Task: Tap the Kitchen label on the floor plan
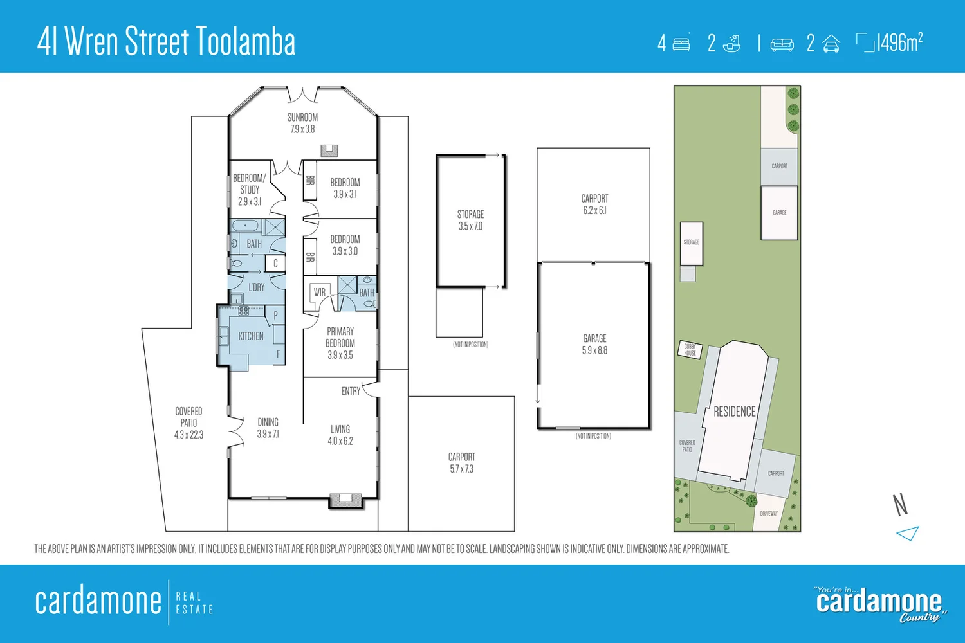251,336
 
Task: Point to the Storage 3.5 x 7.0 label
470,220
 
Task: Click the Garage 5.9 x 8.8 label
594,344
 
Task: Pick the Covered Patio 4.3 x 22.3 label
188,422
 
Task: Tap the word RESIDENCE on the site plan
734,412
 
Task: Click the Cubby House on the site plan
690,350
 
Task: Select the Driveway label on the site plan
769,514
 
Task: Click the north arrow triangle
908,533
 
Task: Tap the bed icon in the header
681,44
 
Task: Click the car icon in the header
831,44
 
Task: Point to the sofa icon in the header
782,44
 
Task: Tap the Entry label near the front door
351,391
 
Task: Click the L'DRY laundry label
257,287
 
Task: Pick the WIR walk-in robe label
320,293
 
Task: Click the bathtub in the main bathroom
245,226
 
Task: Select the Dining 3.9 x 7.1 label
268,428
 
